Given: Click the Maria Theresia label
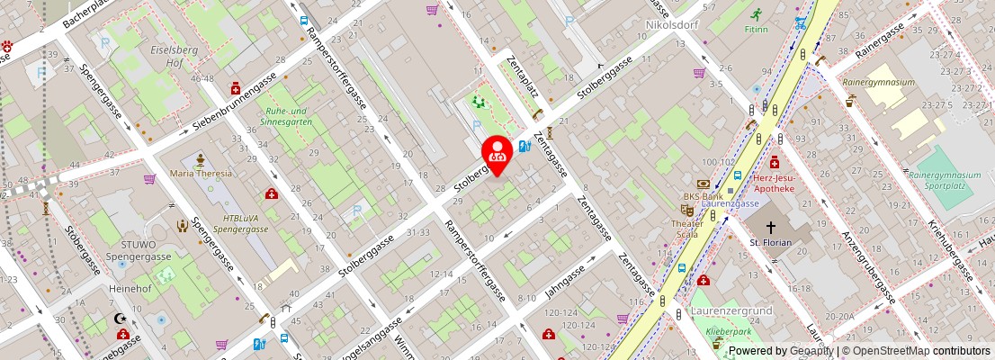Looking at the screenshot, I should (201, 173).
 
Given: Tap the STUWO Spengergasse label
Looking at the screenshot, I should (131, 250).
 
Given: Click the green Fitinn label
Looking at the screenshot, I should (757, 30).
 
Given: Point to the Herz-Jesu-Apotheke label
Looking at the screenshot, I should (775, 183).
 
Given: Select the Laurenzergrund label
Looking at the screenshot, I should (733, 311).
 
